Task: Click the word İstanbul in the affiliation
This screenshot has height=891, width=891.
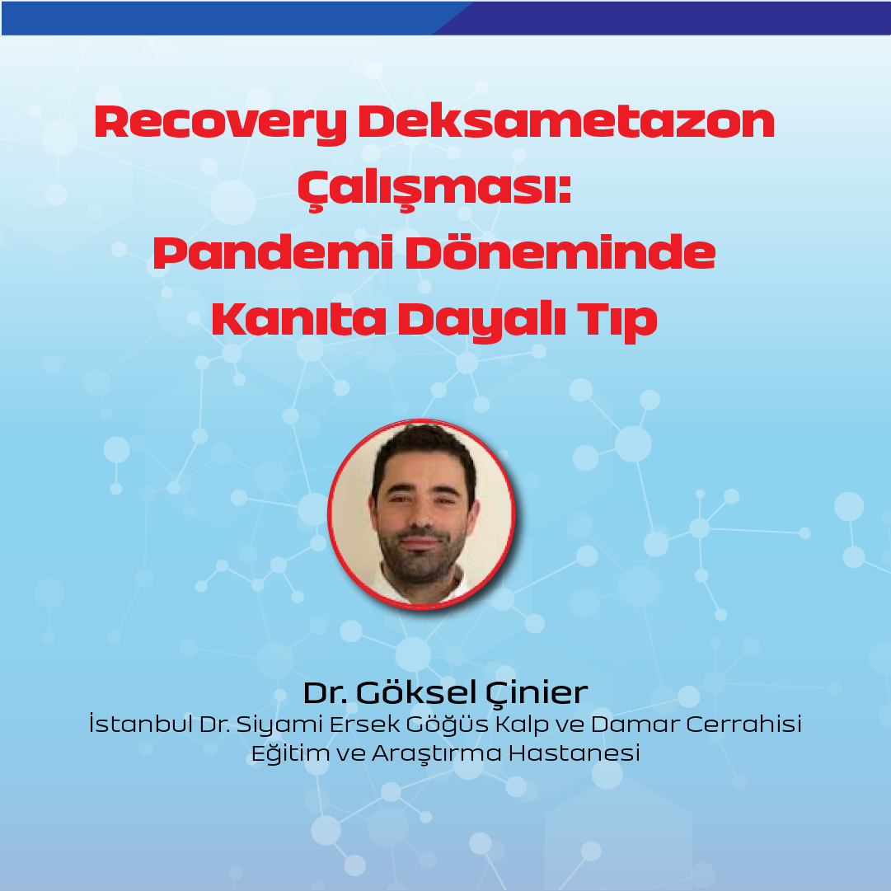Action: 140,723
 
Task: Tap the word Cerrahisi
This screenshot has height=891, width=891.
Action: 743,724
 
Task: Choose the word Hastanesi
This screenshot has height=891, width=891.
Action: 574,753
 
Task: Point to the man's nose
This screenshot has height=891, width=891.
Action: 421,515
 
